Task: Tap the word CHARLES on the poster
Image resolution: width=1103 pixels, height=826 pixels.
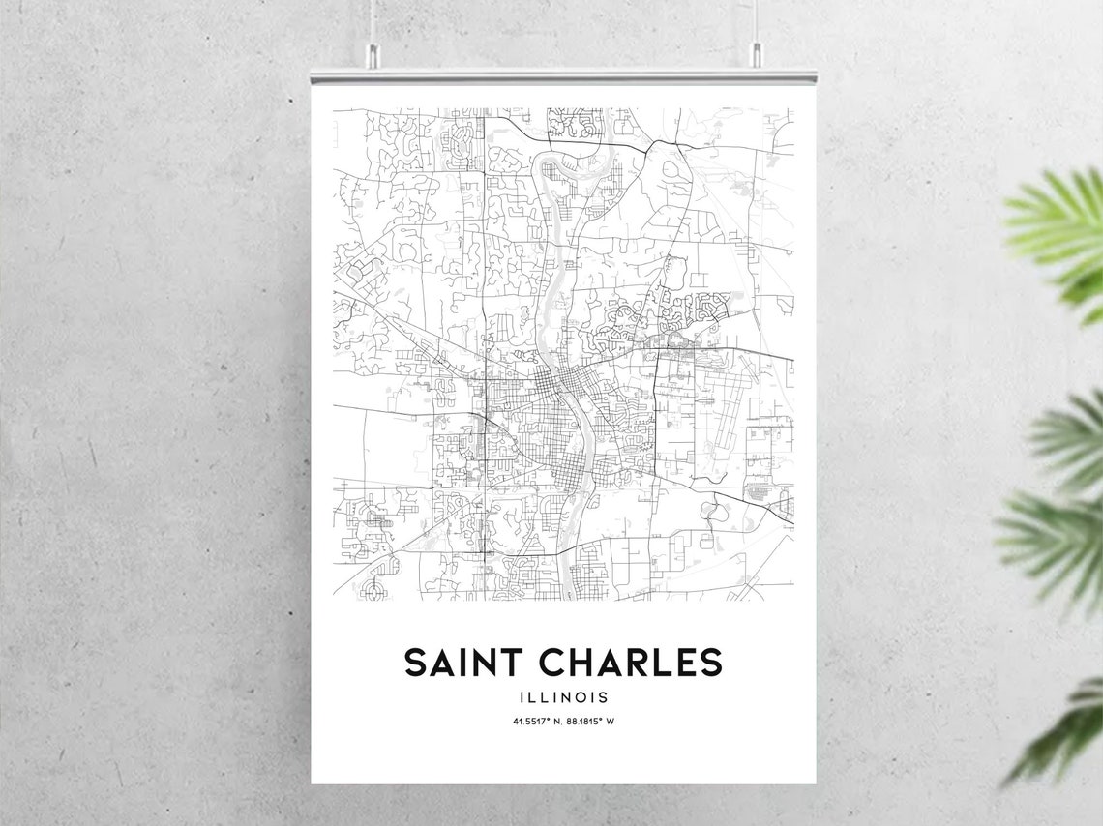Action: pyautogui.click(x=630, y=663)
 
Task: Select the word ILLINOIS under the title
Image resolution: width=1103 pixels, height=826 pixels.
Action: pyautogui.click(x=563, y=696)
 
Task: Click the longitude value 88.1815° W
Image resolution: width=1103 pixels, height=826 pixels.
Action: pyautogui.click(x=591, y=721)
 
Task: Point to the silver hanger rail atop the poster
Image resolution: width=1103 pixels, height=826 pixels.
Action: pyautogui.click(x=563, y=76)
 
